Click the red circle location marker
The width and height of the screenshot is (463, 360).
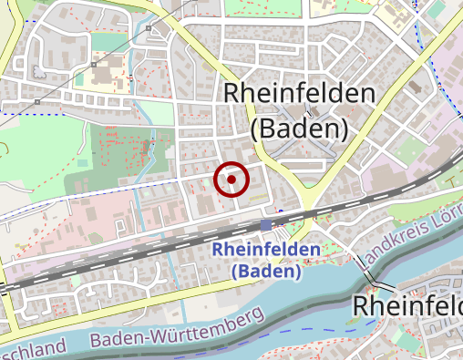(x=231, y=180)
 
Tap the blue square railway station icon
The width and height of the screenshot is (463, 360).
(x=265, y=225)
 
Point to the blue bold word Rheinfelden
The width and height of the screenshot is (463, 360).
(x=265, y=250)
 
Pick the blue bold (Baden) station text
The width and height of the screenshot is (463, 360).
(x=265, y=271)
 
